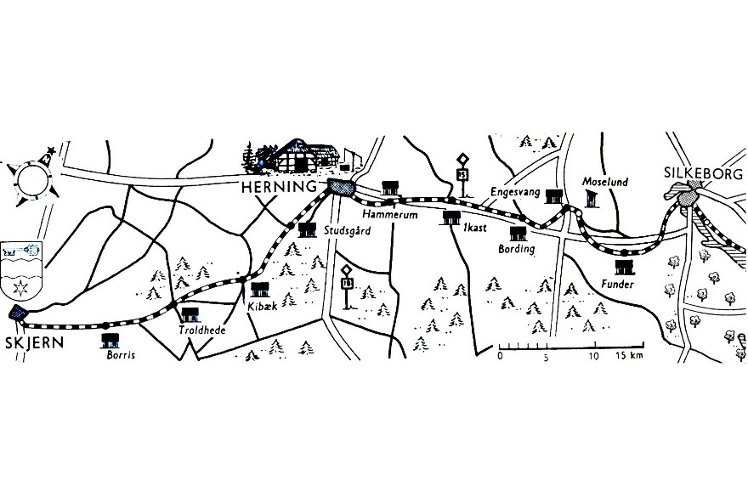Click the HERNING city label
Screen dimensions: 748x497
click(279, 187)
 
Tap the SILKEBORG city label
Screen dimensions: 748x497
click(704, 173)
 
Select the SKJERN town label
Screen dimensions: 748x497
click(34, 342)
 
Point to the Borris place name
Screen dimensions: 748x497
click(122, 355)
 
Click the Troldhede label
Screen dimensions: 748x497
click(202, 330)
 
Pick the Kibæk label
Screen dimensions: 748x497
click(263, 306)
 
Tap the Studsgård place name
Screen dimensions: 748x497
click(348, 231)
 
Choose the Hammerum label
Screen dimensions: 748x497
click(390, 215)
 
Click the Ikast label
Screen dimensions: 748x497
click(474, 228)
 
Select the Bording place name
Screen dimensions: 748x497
click(516, 249)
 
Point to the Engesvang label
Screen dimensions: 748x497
click(515, 192)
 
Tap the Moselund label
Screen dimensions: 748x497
click(605, 182)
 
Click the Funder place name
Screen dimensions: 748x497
click(617, 285)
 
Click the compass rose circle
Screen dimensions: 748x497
click(33, 181)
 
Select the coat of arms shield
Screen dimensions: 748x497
click(21, 270)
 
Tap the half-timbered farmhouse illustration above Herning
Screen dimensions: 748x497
click(301, 156)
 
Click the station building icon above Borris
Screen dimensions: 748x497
click(110, 341)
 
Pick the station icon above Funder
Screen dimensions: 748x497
click(625, 268)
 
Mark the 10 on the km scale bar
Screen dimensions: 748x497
click(594, 356)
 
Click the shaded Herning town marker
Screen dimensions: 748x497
click(341, 188)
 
